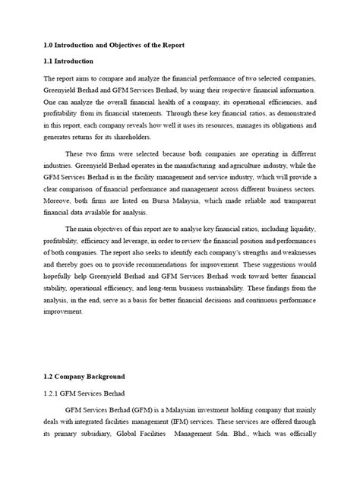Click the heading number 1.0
[49, 42]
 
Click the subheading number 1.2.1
[52, 394]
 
